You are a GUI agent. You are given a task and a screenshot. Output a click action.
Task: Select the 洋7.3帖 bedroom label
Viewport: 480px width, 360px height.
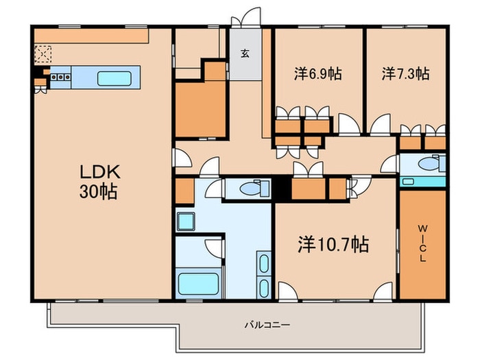click(405, 74)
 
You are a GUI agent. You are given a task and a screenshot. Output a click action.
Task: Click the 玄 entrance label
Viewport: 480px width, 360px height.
click(245, 53)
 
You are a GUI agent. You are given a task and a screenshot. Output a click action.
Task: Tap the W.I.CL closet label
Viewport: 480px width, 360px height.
click(422, 243)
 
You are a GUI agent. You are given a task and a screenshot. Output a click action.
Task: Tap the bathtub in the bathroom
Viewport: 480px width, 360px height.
click(197, 283)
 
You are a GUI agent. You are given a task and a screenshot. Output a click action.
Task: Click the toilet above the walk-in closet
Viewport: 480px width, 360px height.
click(430, 165)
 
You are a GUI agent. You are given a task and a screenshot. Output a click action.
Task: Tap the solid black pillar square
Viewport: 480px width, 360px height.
click(282, 188)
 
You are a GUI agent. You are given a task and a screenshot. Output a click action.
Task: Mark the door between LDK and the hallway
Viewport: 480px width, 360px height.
click(181, 158)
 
